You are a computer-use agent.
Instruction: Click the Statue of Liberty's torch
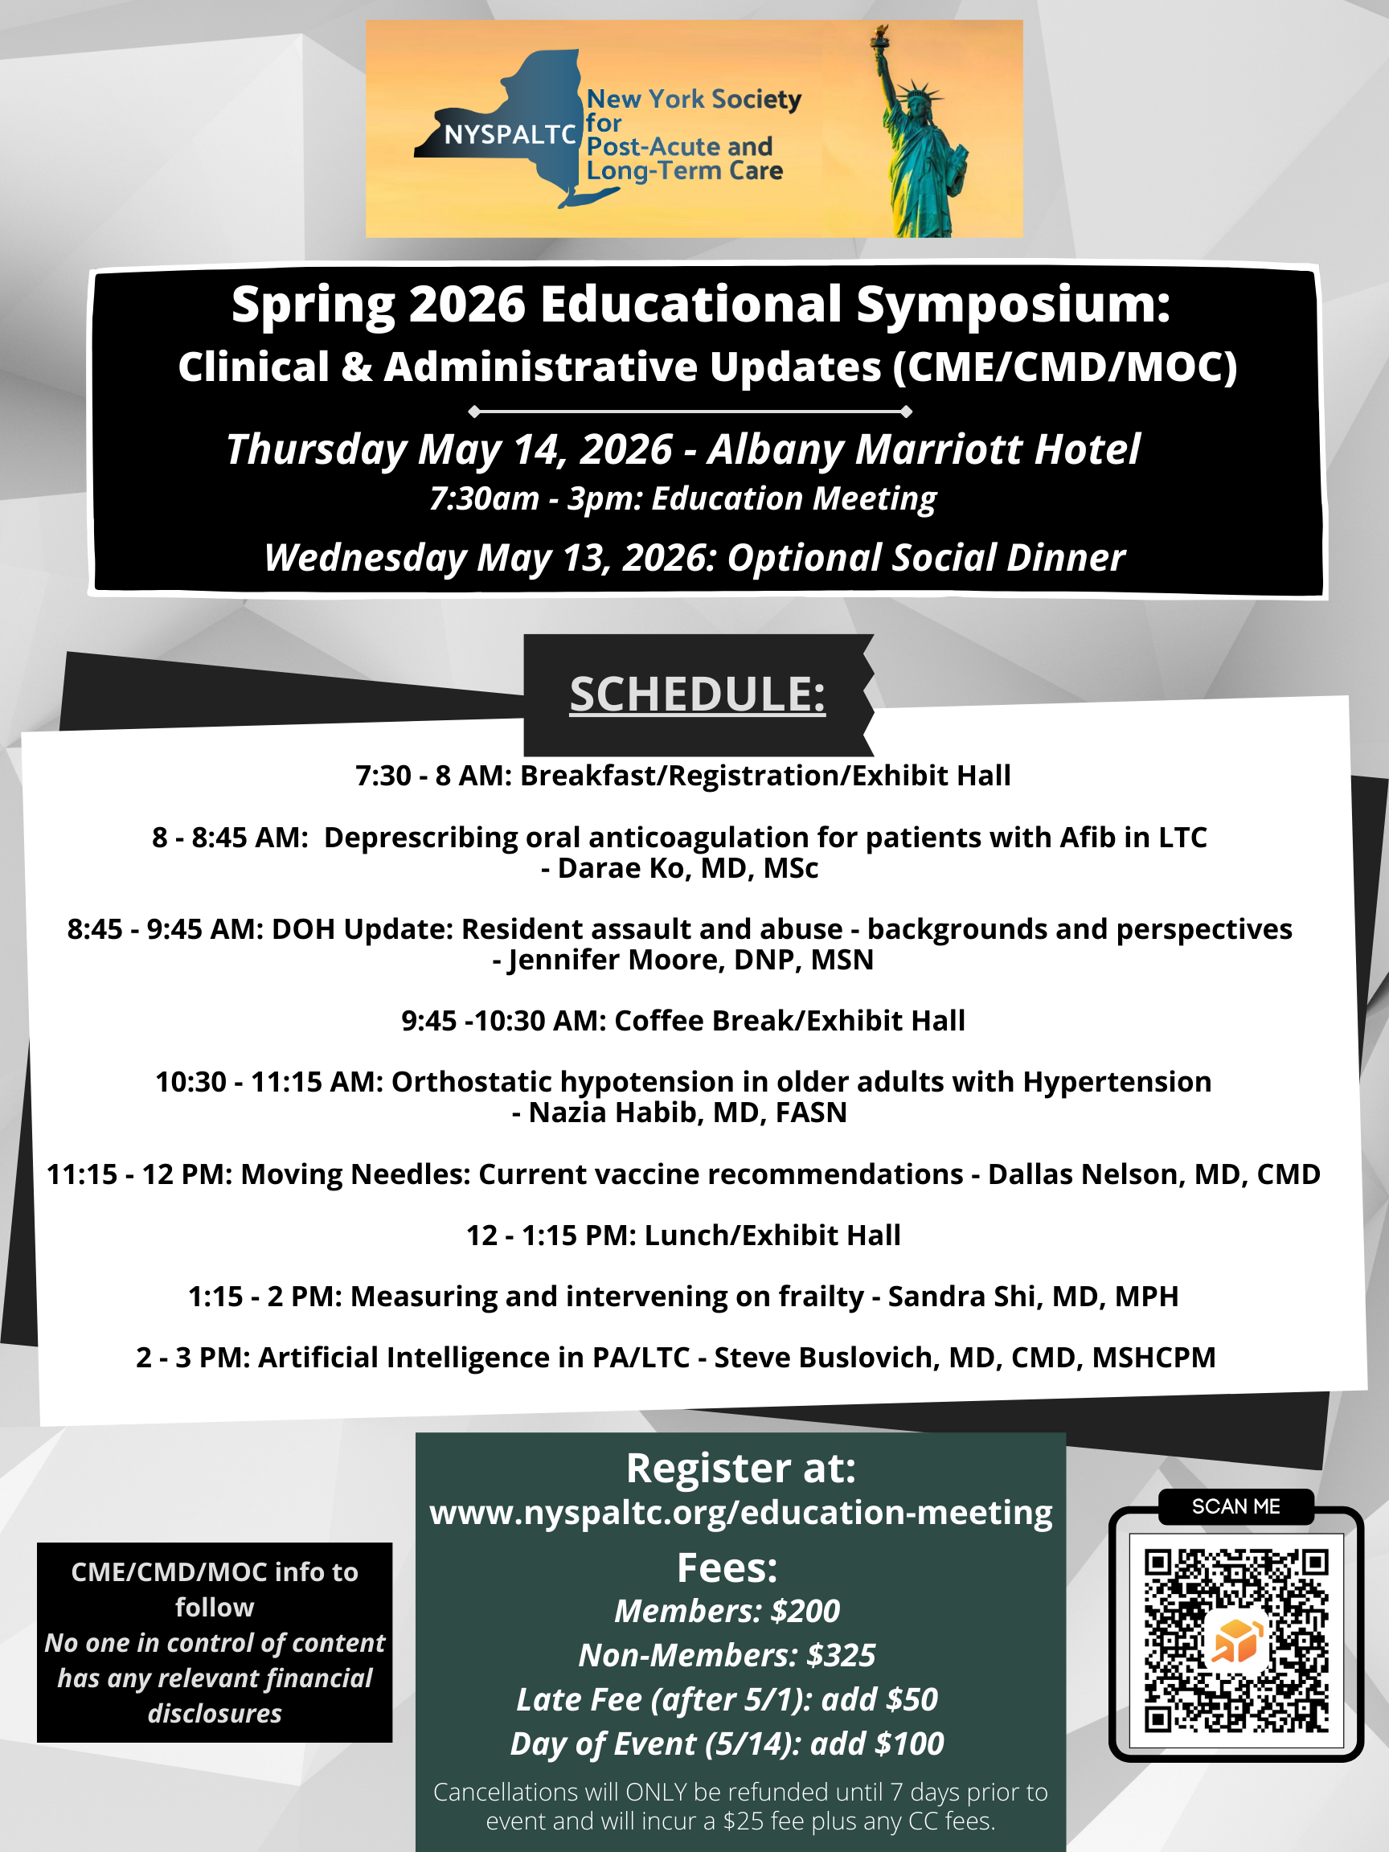pyautogui.click(x=880, y=35)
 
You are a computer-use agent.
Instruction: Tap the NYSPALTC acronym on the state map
pyautogui.click(x=510, y=135)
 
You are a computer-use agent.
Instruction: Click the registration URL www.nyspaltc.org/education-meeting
pyautogui.click(x=741, y=1513)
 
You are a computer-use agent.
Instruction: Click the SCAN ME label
pyautogui.click(x=1235, y=1506)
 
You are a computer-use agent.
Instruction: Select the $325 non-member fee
pyautogui.click(x=841, y=1655)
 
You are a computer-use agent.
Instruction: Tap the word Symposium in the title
pyautogui.click(x=1013, y=304)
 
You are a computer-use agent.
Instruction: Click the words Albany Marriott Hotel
pyautogui.click(x=924, y=449)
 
